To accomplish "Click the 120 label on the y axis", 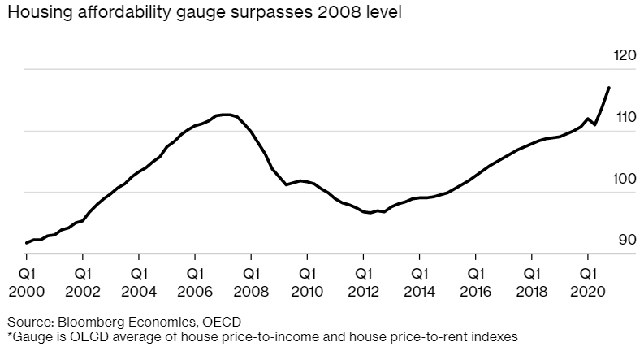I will [x=625, y=56].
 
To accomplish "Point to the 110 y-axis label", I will [x=625, y=117].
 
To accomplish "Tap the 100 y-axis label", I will [x=625, y=179].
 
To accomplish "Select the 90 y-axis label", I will [x=626, y=240].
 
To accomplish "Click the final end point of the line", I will [x=609, y=87].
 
